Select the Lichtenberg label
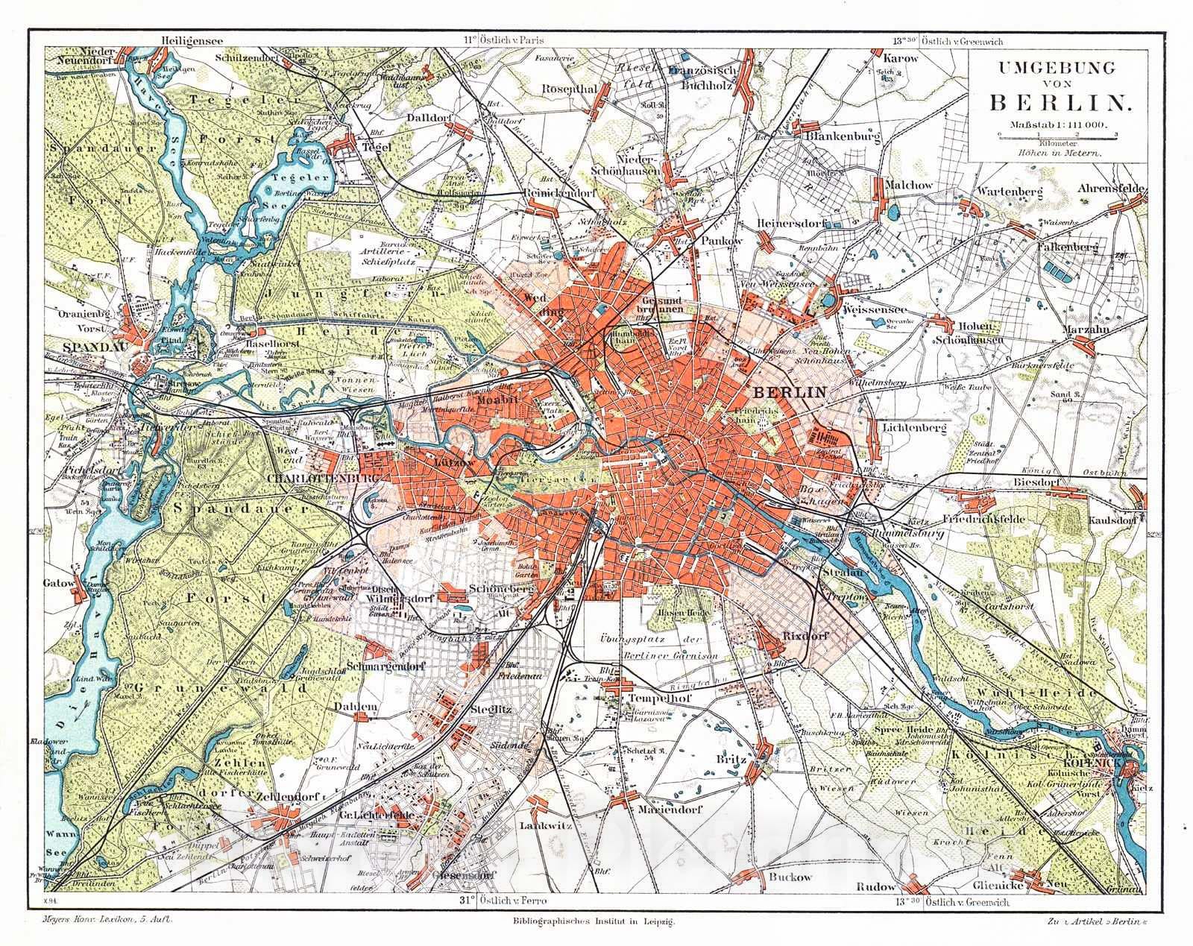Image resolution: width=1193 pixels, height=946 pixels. pos(914,429)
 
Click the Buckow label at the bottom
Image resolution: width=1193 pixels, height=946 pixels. pos(790,877)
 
